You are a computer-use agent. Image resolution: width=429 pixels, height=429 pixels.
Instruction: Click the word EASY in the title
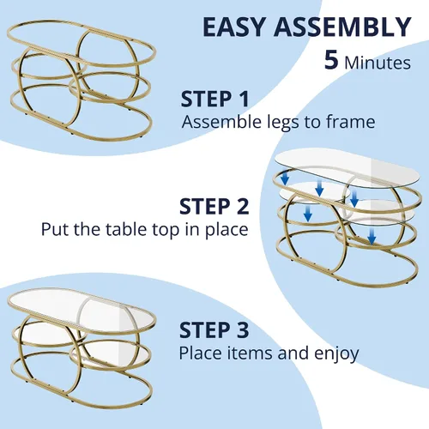pos(234,27)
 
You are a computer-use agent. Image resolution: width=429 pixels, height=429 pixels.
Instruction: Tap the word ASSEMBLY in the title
pos(343,27)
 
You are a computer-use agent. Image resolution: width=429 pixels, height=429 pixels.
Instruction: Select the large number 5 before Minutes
pos(331,60)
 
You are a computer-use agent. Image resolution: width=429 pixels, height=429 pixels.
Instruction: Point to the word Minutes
pos(378,63)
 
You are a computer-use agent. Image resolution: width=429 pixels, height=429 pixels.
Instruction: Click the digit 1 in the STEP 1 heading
pos(243,99)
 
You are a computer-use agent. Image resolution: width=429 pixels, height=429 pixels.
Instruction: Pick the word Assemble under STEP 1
pos(221,121)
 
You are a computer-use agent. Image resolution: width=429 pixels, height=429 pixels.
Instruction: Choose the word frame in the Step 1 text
pos(351,121)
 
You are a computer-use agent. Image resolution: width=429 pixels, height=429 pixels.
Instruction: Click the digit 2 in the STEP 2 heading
pos(242,206)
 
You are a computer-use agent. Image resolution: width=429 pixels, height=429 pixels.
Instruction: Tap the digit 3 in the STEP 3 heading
pos(242,329)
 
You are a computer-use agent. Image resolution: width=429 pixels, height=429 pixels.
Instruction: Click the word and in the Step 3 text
pos(293,353)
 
